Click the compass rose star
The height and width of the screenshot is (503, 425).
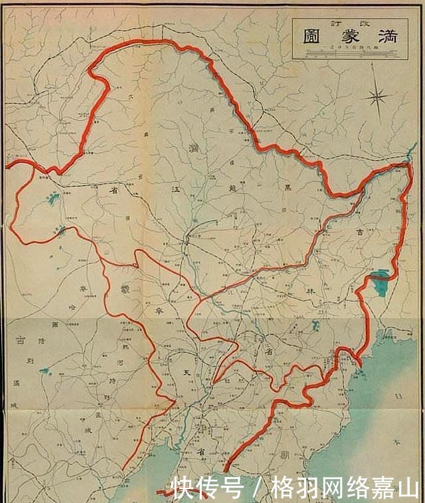pos(378,98)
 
